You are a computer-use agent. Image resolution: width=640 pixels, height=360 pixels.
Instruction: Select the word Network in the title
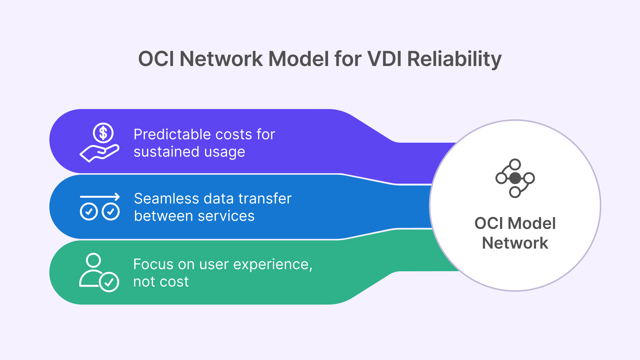[x=221, y=59]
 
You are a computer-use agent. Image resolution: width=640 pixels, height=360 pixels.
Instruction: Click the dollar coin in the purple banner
[x=103, y=133]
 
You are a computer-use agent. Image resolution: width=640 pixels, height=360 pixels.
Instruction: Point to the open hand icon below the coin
[x=99, y=153]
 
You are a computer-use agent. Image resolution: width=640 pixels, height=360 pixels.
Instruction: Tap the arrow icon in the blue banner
[x=100, y=197]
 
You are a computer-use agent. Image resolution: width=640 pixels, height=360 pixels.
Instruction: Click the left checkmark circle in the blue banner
[x=89, y=211]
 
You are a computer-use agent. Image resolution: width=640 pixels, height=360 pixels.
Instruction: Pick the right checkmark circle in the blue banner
[x=111, y=211]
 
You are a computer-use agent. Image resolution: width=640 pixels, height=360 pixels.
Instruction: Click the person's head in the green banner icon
[x=93, y=260]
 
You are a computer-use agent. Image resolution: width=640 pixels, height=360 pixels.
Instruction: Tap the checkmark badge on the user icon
[x=109, y=282]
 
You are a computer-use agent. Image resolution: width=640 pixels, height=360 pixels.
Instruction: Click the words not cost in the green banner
[x=161, y=282]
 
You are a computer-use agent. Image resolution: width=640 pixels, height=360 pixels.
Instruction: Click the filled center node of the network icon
[x=515, y=178]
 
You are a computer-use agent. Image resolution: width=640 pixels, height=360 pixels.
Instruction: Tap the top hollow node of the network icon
[x=515, y=164]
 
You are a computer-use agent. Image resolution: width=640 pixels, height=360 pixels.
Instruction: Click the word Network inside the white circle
[x=515, y=243]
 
